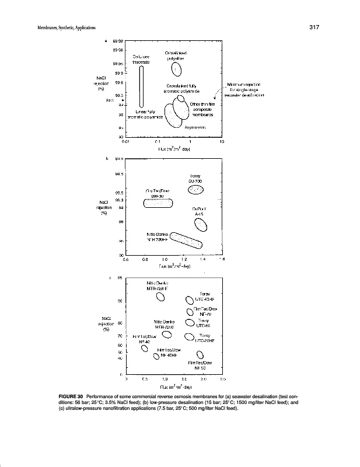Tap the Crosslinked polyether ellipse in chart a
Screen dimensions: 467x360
coord(177,70)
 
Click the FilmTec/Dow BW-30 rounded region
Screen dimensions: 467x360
coord(159,203)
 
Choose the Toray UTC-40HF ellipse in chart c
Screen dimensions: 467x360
coord(189,301)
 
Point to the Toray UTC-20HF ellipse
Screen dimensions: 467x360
coord(189,336)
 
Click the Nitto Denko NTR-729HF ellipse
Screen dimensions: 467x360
coord(160,297)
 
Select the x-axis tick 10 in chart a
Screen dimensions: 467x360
coord(222,141)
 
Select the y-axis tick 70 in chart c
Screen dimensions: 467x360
coord(120,336)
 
